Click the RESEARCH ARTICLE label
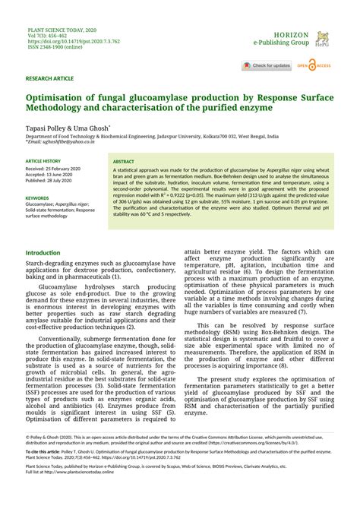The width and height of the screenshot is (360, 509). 49,78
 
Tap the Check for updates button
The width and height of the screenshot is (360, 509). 267,66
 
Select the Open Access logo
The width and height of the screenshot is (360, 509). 314,66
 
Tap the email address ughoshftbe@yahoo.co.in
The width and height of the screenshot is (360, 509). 59,142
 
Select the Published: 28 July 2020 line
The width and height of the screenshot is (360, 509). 51,182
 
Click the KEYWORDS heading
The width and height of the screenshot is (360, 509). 37,198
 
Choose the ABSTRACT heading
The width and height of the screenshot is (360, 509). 124,162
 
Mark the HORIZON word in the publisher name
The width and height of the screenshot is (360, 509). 291,35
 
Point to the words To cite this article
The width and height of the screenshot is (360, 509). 44,451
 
